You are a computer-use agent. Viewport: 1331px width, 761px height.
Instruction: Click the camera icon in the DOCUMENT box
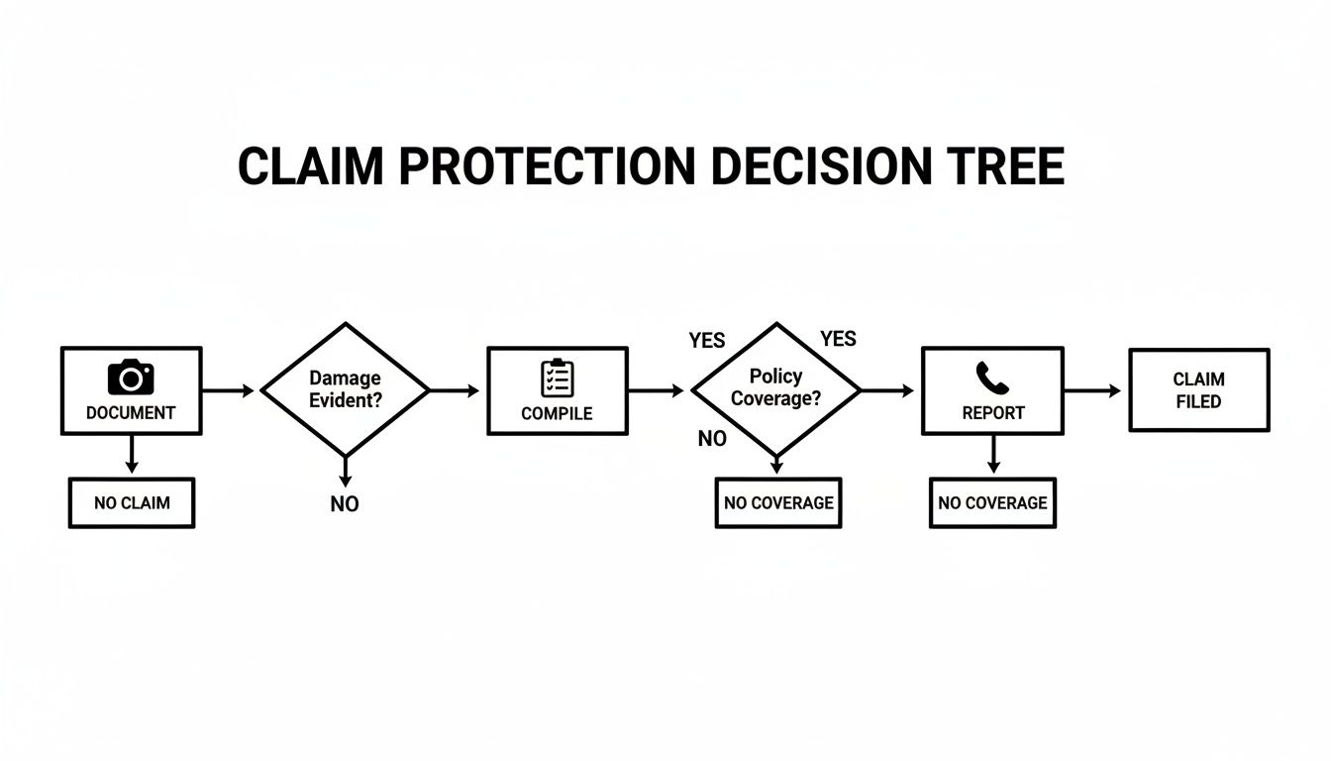click(x=131, y=378)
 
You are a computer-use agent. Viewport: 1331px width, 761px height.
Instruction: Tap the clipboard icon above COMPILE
click(x=558, y=379)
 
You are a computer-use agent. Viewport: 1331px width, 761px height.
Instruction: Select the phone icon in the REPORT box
click(x=991, y=378)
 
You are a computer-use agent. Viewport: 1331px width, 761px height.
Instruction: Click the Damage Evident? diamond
click(x=345, y=389)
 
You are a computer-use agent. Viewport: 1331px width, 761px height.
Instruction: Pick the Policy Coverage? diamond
click(x=776, y=389)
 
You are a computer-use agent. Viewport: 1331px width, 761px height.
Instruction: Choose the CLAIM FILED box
click(x=1198, y=390)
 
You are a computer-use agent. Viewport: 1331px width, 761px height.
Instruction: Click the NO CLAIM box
click(x=132, y=502)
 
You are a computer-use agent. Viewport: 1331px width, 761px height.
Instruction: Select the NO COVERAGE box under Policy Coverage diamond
click(x=778, y=502)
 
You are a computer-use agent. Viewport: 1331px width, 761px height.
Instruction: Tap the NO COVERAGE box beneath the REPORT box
click(x=992, y=502)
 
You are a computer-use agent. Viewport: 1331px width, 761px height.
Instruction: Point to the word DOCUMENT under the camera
click(x=131, y=413)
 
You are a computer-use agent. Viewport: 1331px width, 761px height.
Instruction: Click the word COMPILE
click(x=558, y=414)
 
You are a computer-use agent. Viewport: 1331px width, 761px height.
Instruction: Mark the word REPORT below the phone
click(x=992, y=413)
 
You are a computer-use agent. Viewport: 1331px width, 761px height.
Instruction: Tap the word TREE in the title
click(x=1009, y=166)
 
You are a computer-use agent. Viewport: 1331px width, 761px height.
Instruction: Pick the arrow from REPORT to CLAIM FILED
click(x=1093, y=391)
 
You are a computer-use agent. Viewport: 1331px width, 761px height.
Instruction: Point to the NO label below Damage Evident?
click(x=345, y=504)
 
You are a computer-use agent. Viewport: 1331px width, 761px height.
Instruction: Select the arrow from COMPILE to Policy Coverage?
click(x=657, y=391)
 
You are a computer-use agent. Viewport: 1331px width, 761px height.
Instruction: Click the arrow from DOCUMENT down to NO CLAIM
click(x=131, y=455)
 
